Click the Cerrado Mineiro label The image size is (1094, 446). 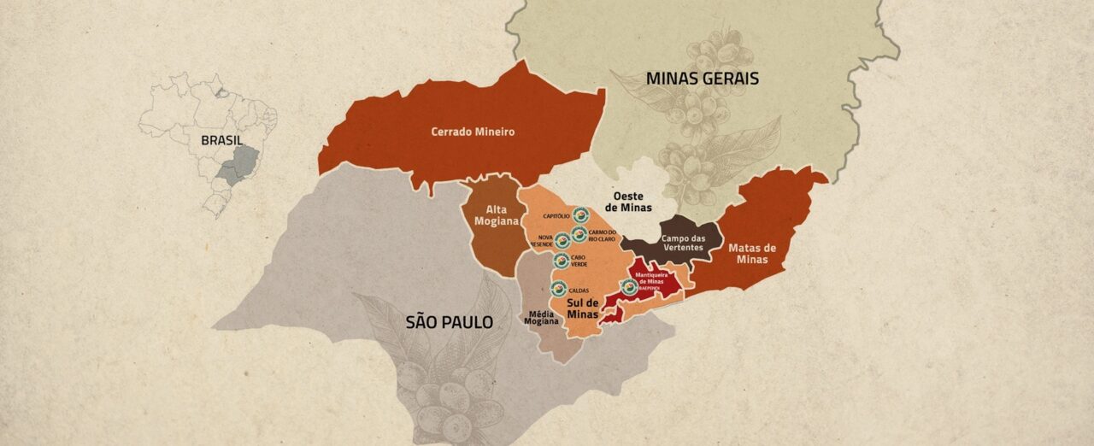pos(473,132)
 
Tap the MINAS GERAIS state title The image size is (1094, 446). pos(702,79)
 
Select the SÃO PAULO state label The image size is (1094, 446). pos(450,322)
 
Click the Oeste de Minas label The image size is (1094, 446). pos(628,202)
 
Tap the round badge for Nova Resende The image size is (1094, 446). pos(562,240)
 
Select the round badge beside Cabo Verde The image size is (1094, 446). pos(562,261)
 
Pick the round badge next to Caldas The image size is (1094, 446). pos(559,289)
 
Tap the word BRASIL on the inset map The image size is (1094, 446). pos(221,140)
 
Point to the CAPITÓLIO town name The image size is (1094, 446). pos(557,217)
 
